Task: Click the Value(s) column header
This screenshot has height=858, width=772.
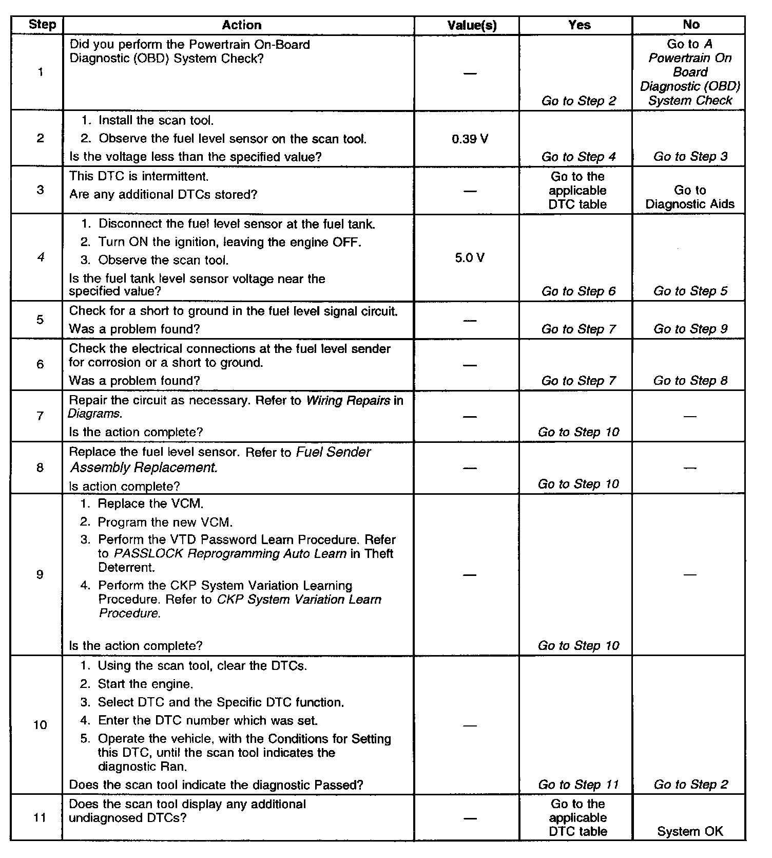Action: point(472,25)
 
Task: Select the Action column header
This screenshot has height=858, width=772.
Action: point(241,25)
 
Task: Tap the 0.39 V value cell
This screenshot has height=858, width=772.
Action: point(470,139)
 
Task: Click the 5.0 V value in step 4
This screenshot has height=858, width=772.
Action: point(470,258)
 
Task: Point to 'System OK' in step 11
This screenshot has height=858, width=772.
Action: point(690,831)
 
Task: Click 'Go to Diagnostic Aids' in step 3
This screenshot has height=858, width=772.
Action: point(690,197)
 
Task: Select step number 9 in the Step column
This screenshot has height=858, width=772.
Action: point(40,574)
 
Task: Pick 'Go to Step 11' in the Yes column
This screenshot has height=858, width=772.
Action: point(578,785)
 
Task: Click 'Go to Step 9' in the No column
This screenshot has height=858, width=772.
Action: point(690,329)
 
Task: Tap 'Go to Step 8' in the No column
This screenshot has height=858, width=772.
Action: point(690,381)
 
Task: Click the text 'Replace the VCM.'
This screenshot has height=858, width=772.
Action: point(147,503)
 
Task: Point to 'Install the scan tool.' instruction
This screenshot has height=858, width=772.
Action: point(156,120)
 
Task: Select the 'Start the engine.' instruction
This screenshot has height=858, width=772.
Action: point(145,684)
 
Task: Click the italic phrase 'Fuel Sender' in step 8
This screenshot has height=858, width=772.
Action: point(334,452)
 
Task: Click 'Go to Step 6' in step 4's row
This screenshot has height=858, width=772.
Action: point(578,291)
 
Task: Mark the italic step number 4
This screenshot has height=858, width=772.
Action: point(41,257)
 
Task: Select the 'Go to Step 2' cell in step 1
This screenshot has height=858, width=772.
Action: point(578,101)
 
